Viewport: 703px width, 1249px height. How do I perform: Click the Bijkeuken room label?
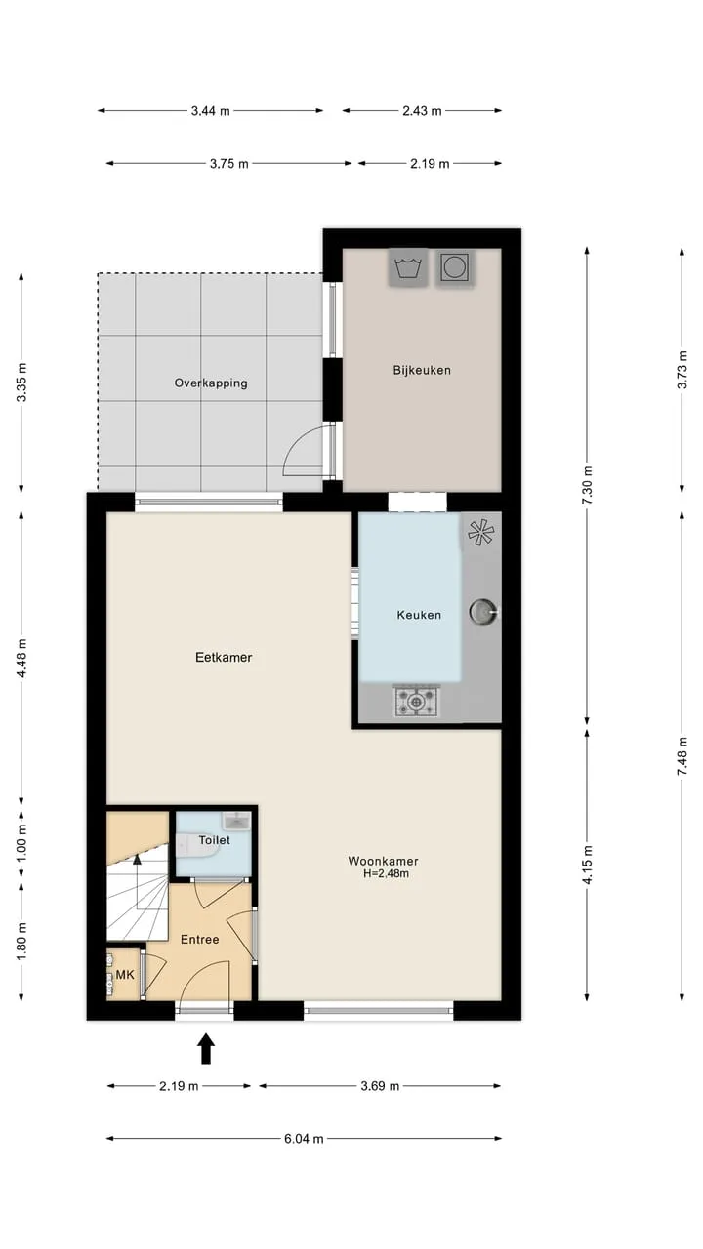point(422,370)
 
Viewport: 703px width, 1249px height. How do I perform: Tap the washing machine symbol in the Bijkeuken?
point(408,267)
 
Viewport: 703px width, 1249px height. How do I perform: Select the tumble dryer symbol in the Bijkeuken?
point(455,267)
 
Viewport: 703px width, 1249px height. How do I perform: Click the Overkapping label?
point(211,383)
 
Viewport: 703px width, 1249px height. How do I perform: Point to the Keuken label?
point(419,615)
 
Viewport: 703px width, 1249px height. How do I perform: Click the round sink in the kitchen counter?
point(482,612)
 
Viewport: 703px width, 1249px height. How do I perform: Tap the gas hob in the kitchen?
point(416,702)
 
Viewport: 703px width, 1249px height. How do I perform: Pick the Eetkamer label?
point(224,658)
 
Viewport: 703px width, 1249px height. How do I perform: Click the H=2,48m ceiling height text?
point(386,873)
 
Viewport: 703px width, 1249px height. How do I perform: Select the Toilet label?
point(214,840)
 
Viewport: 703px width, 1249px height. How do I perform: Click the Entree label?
point(200,940)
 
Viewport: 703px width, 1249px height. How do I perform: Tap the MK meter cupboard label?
point(125,975)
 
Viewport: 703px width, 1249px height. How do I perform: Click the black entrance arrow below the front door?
point(206,1048)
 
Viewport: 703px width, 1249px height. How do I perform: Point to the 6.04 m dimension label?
point(304,1139)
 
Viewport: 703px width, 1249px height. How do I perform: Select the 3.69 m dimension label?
point(380,1086)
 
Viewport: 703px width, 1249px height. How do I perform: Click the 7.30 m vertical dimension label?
point(587,485)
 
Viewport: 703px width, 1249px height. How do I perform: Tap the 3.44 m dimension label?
point(210,111)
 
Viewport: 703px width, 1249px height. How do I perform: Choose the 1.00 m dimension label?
point(21,842)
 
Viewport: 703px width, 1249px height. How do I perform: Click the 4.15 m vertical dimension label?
point(587,865)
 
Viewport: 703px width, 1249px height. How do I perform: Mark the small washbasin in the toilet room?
point(236,821)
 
